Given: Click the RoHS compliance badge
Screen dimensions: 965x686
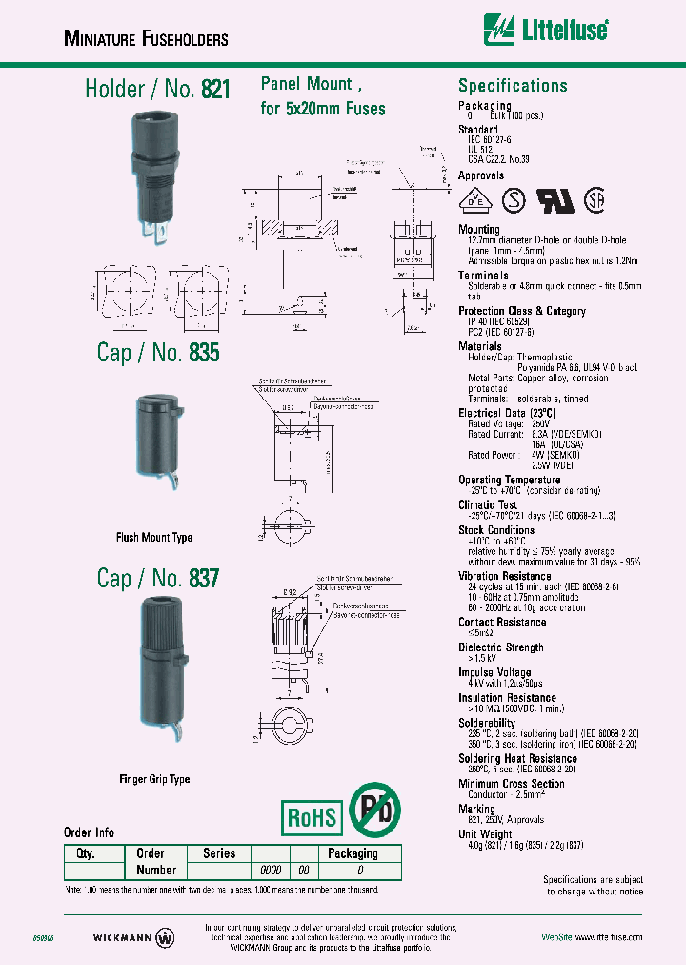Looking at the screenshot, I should pos(313,816).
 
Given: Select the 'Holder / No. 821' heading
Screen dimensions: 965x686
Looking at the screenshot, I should pos(157,90).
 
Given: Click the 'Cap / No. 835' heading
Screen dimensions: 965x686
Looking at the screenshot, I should pos(157,352).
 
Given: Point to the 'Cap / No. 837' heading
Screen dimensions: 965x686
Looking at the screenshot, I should pos(157,577).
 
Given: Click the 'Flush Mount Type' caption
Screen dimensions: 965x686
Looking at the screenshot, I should pos(154,538).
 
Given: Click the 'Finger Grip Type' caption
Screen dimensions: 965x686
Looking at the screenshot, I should pos(154,779).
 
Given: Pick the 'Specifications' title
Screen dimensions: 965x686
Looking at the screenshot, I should pos(513,86).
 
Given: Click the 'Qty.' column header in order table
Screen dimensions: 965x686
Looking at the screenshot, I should pos(84,853).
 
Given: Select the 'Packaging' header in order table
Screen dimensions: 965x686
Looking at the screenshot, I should pos(353,853).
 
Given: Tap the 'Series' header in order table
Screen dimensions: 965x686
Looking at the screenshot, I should pos(219,853).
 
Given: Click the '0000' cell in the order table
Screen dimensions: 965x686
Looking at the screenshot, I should pos(271,870).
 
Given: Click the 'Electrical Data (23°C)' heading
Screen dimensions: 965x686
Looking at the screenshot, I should pos(510,413).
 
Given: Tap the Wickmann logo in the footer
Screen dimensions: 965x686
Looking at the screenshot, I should pos(133,936).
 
